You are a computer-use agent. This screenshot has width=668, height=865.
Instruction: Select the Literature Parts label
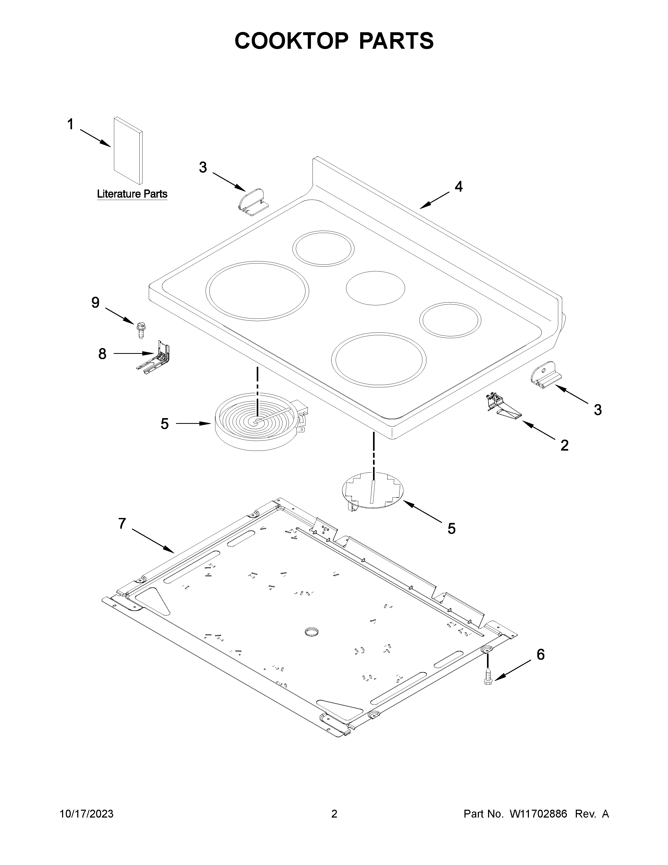pos(132,194)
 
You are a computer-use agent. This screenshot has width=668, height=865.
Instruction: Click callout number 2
pos(564,445)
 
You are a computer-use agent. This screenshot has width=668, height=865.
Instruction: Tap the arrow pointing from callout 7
pos(152,540)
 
